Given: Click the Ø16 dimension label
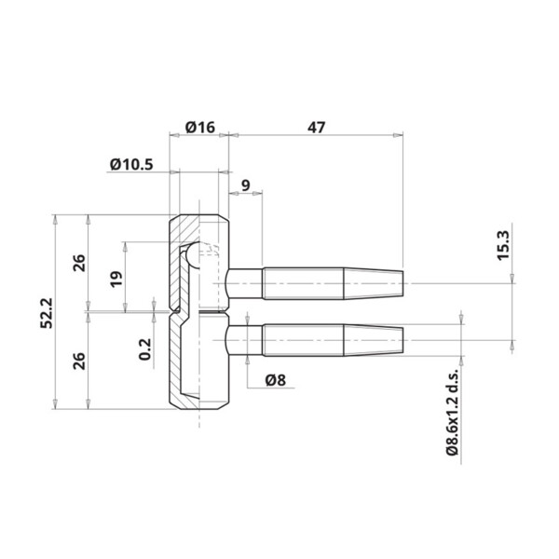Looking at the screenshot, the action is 200,127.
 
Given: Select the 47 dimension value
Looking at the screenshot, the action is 316,128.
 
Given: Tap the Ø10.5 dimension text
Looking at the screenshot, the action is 131,165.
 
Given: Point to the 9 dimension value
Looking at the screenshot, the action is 246,185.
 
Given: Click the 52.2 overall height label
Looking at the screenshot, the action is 47,313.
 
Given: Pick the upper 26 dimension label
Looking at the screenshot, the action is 79,263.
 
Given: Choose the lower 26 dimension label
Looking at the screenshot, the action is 79,361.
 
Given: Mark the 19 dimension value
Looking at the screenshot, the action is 116,279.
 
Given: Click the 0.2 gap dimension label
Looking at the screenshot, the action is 145,349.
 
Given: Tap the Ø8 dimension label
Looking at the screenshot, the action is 276,380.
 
